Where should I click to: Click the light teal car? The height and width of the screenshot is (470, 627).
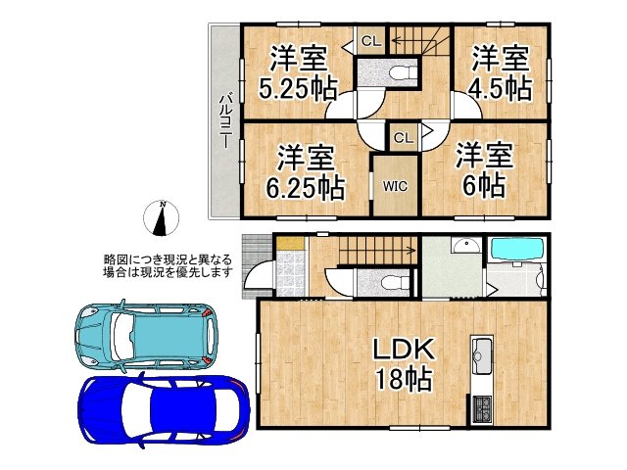pyautogui.click(x=143, y=334)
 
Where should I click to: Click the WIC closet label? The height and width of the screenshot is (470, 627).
pyautogui.click(x=395, y=183)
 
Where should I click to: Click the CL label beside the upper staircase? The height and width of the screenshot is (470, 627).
pyautogui.click(x=370, y=40)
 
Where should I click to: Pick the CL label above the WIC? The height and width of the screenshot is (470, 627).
pyautogui.click(x=403, y=138)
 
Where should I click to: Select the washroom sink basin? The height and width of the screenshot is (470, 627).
pyautogui.click(x=465, y=247)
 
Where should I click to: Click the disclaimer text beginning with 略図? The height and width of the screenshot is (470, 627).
pyautogui.click(x=168, y=265)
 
